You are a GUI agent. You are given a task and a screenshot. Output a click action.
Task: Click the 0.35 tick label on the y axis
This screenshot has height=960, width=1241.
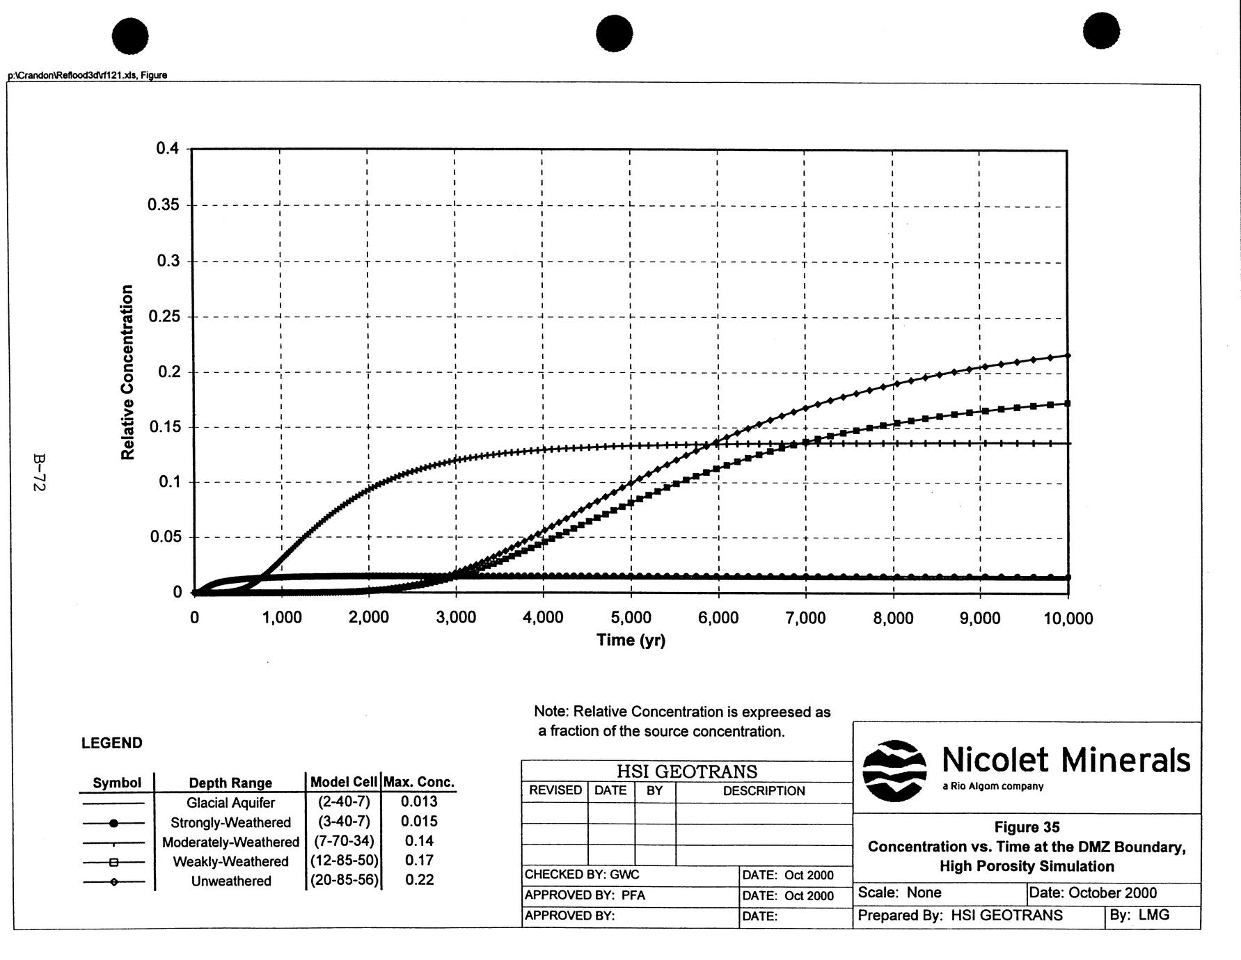[163, 205]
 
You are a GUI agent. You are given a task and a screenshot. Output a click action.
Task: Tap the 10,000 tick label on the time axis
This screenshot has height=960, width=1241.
[1068, 618]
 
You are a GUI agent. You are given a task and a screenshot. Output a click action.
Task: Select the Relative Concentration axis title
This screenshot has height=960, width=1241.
[127, 372]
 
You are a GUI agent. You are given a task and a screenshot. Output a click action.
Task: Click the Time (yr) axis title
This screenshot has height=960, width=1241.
[631, 640]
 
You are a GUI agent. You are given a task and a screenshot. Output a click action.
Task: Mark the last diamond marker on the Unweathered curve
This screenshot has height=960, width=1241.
[1068, 355]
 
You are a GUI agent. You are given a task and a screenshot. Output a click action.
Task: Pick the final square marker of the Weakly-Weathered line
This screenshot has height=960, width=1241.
[1067, 403]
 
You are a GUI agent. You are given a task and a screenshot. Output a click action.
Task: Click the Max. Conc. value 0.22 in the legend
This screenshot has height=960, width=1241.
[419, 880]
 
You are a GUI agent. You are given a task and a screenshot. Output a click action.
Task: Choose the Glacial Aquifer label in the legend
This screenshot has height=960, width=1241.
[230, 803]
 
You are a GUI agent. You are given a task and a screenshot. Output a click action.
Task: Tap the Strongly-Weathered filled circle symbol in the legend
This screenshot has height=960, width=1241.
[114, 823]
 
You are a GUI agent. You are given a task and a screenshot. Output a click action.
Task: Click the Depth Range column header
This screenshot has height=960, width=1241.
[230, 783]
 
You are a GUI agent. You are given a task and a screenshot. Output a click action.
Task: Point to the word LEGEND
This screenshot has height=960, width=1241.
[111, 743]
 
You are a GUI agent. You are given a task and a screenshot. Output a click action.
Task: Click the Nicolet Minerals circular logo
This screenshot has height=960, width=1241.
[894, 770]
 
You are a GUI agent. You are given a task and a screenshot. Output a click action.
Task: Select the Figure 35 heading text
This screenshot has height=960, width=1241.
[1027, 827]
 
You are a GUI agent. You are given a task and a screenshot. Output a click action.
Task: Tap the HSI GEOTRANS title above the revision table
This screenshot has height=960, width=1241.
[686, 771]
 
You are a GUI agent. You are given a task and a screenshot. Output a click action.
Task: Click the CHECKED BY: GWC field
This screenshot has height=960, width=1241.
[582, 874]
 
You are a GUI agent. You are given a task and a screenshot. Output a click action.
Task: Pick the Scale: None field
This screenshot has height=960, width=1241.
[899, 893]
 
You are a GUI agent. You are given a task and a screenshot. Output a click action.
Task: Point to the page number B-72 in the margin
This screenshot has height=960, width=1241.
[39, 473]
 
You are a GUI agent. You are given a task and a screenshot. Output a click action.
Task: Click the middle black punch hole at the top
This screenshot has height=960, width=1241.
[614, 34]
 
